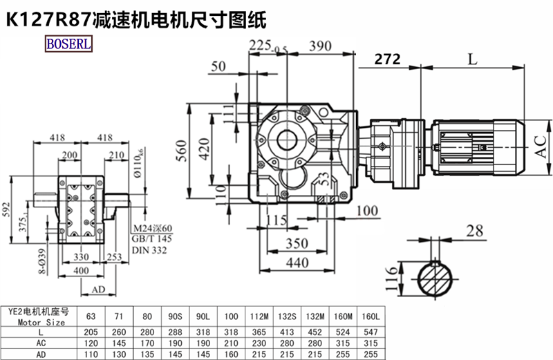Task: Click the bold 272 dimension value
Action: click(387, 60)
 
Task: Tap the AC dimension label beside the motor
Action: click(541, 144)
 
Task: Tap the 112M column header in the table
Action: click(256, 316)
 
